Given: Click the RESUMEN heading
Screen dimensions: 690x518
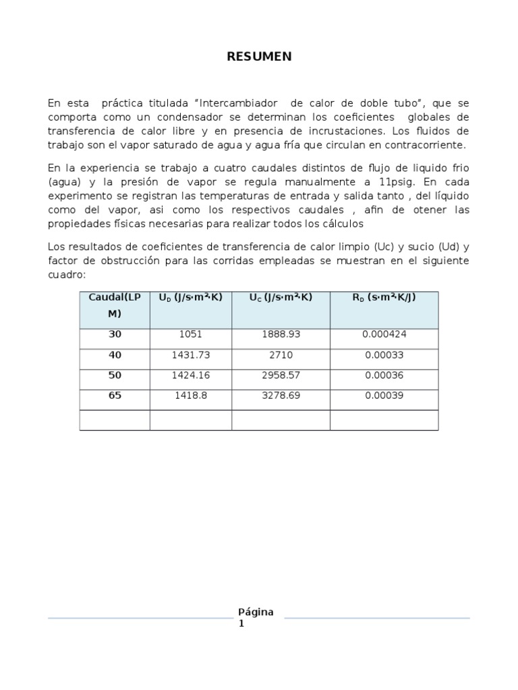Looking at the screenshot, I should coord(259,57).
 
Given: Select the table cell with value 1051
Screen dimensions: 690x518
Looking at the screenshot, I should coord(190,334).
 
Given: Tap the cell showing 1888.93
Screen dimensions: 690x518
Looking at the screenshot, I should coord(281,334).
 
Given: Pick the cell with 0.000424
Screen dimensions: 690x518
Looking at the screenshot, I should coord(384,334).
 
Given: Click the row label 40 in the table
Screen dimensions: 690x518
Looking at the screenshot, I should coord(115,355).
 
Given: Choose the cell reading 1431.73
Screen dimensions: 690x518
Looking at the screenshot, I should coord(190,355).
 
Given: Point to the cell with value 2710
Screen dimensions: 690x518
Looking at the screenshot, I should coord(281,355).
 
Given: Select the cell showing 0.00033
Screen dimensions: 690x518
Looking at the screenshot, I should coord(384,355).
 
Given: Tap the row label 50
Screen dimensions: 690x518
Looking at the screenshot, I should coord(115,375).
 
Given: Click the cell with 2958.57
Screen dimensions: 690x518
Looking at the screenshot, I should coord(281,375).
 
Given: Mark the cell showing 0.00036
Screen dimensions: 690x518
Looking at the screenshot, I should coord(384,375).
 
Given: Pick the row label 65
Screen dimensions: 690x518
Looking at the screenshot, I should coord(115,396).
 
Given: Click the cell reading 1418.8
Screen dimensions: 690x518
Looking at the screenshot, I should coord(190,396).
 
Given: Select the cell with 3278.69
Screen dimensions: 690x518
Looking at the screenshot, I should coord(281,396).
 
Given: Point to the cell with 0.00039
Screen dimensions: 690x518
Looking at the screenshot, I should coord(384,396).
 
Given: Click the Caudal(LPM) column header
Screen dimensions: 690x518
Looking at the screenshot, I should coord(115,305).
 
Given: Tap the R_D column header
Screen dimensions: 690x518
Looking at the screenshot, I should coord(384,297).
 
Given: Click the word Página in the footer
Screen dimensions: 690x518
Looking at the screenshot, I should coord(256,612).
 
